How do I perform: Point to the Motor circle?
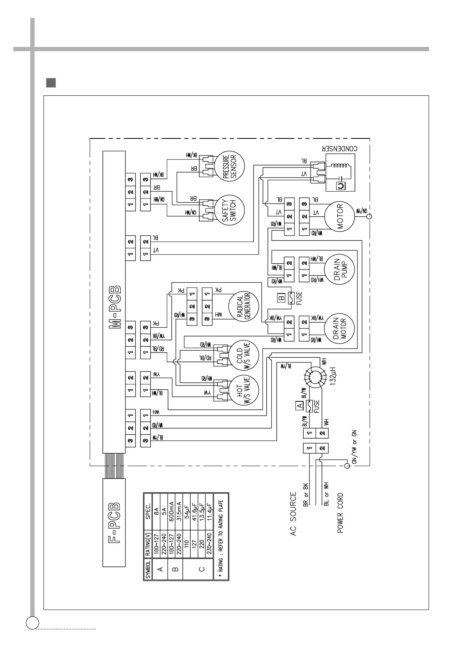340,216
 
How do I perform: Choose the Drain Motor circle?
340,329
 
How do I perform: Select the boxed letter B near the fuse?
281,298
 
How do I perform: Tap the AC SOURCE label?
293,514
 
